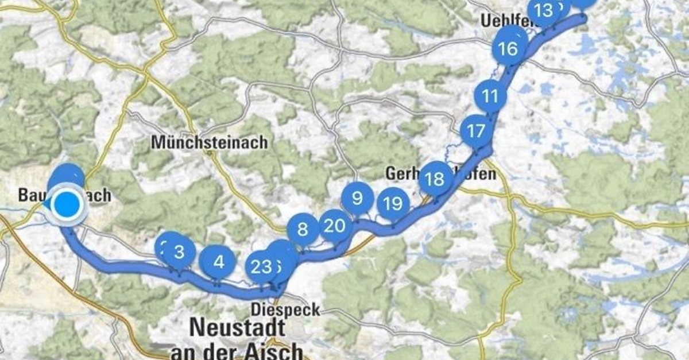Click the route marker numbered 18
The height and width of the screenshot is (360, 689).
435,179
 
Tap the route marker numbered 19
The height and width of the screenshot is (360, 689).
393,204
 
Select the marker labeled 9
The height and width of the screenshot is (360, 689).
357,199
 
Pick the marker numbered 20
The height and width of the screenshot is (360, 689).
334,226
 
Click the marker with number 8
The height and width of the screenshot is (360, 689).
302,230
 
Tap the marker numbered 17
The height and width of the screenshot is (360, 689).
476,131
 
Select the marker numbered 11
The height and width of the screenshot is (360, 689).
490,96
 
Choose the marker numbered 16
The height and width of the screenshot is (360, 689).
508,49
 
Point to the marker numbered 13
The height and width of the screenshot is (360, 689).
543,10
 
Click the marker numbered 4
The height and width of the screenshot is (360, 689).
219,262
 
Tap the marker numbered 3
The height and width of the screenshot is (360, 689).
179,252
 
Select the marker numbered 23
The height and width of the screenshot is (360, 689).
261,267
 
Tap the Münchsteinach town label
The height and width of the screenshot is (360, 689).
209,142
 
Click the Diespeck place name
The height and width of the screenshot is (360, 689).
285,310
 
